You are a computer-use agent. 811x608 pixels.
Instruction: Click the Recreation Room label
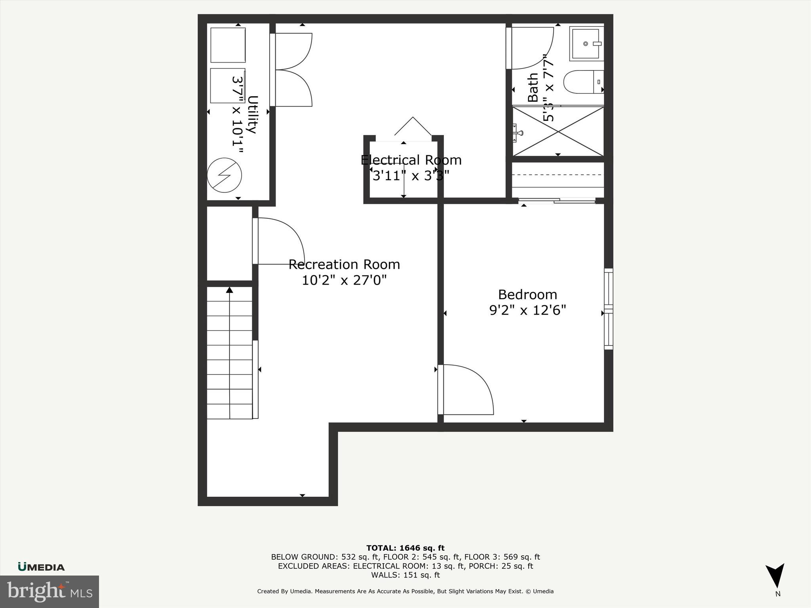pos(344,264)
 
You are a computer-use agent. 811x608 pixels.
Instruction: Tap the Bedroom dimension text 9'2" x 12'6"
pos(527,310)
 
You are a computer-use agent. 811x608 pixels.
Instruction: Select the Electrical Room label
pos(411,160)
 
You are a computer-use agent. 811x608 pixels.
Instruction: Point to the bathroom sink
pos(586,44)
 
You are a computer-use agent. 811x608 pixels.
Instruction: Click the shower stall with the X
pos(558,131)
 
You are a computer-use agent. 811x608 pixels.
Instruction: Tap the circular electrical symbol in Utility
pos(225,175)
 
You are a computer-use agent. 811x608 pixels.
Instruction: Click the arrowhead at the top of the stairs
pos(229,290)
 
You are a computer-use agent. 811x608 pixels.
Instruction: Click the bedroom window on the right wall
pos(608,309)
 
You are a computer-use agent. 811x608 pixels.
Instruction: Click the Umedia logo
pos(41,567)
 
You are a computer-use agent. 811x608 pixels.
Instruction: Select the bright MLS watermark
pos(49,591)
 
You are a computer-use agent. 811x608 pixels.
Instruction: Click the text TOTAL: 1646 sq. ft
pos(405,548)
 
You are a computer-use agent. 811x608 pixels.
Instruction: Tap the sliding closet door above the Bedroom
pos(557,201)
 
